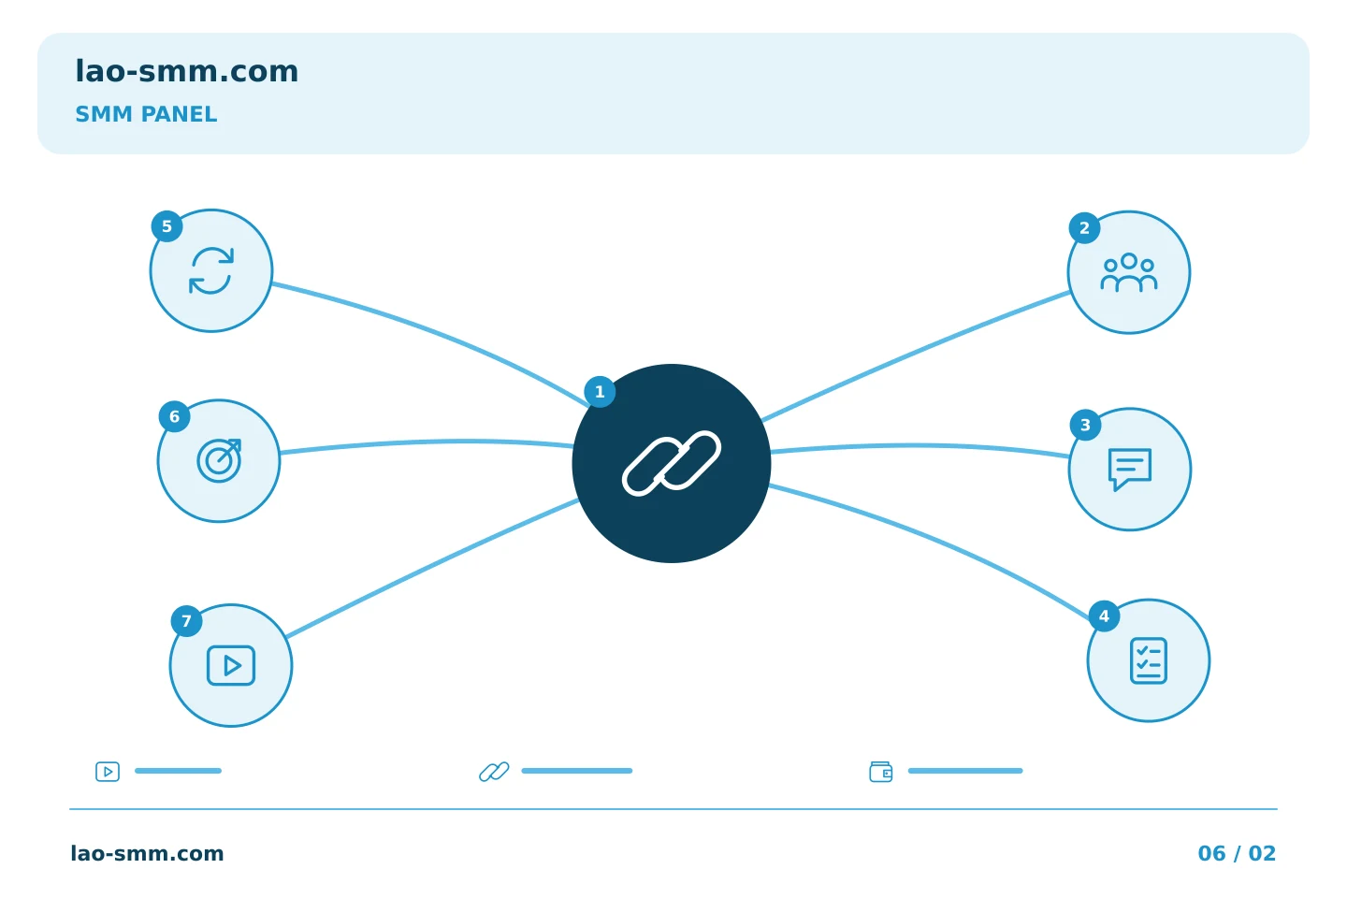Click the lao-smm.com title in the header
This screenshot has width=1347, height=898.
[186, 71]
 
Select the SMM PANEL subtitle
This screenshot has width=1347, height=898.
[146, 114]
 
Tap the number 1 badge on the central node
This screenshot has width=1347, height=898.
[600, 392]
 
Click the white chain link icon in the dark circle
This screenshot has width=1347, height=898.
[671, 463]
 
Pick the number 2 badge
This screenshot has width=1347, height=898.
[1084, 228]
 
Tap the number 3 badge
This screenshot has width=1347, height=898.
[1085, 426]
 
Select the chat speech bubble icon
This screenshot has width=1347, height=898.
[1130, 470]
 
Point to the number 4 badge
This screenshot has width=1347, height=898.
[1104, 616]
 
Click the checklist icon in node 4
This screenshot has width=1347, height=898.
[1149, 660]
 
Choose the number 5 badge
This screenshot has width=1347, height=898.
[167, 226]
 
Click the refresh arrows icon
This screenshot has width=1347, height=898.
[211, 270]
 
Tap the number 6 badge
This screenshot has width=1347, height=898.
[174, 417]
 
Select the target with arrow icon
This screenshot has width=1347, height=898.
[219, 461]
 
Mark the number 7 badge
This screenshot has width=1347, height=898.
[186, 621]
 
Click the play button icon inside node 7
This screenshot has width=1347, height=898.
[231, 665]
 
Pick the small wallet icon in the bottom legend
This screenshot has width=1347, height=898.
[881, 772]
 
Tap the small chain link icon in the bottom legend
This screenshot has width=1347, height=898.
[494, 772]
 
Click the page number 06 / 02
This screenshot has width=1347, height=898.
[1237, 853]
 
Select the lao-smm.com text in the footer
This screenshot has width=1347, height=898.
[148, 853]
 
